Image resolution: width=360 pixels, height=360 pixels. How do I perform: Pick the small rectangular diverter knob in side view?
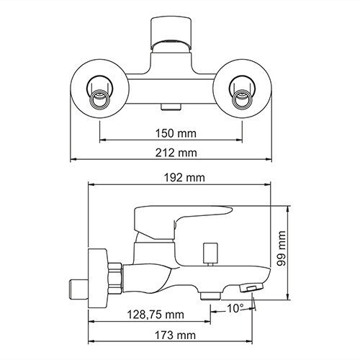(210, 253)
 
